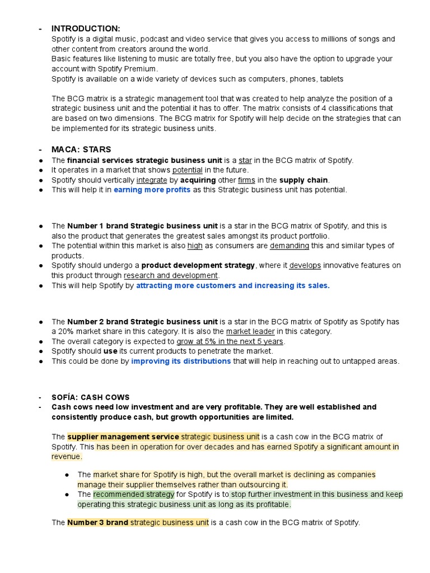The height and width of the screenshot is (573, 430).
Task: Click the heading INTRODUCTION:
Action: [85, 29]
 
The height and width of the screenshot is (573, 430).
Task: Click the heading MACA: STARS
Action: [81, 149]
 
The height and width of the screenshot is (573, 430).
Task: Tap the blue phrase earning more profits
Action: [152, 190]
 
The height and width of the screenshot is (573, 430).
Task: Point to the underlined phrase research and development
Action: [171, 275]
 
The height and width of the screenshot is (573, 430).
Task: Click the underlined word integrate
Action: [152, 180]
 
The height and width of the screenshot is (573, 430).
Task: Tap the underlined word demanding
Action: [289, 246]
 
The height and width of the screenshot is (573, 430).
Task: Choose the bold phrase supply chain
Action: [304, 180]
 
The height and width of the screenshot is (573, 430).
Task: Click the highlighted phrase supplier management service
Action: [123, 436]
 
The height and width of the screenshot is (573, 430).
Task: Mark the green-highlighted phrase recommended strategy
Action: [134, 495]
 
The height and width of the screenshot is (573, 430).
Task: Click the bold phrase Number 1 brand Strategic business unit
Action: [142, 226]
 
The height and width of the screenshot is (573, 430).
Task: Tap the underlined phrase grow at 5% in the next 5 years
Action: [230, 341]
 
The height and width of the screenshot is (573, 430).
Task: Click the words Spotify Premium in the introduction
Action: [123, 69]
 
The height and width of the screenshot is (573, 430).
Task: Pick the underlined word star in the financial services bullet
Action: [245, 160]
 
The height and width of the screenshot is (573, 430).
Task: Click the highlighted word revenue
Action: [66, 457]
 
